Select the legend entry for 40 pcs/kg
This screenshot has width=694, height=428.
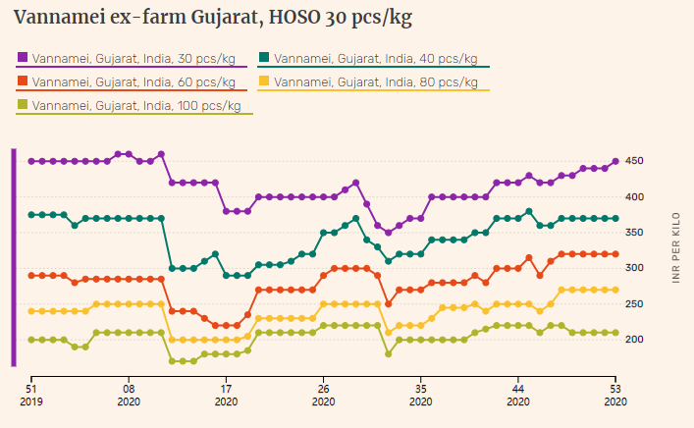[x=373, y=58]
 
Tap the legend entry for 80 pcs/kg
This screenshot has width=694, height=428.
[x=373, y=81]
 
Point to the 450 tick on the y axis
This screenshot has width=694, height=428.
[x=636, y=161]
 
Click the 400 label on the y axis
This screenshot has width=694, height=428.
[x=636, y=197]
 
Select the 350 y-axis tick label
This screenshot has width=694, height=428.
[x=636, y=233]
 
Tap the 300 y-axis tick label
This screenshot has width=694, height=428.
[x=636, y=268]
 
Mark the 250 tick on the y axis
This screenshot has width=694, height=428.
[x=636, y=303]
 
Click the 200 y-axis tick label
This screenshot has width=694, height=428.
[x=636, y=339]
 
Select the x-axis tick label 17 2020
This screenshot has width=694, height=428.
[x=226, y=394]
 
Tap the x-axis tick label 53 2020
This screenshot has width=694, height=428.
[x=615, y=394]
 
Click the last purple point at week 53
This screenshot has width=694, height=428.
[x=615, y=161]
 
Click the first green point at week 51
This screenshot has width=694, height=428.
[x=31, y=215]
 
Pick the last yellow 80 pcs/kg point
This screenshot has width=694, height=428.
[x=615, y=290]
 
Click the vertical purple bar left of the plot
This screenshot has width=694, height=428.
[x=14, y=257]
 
